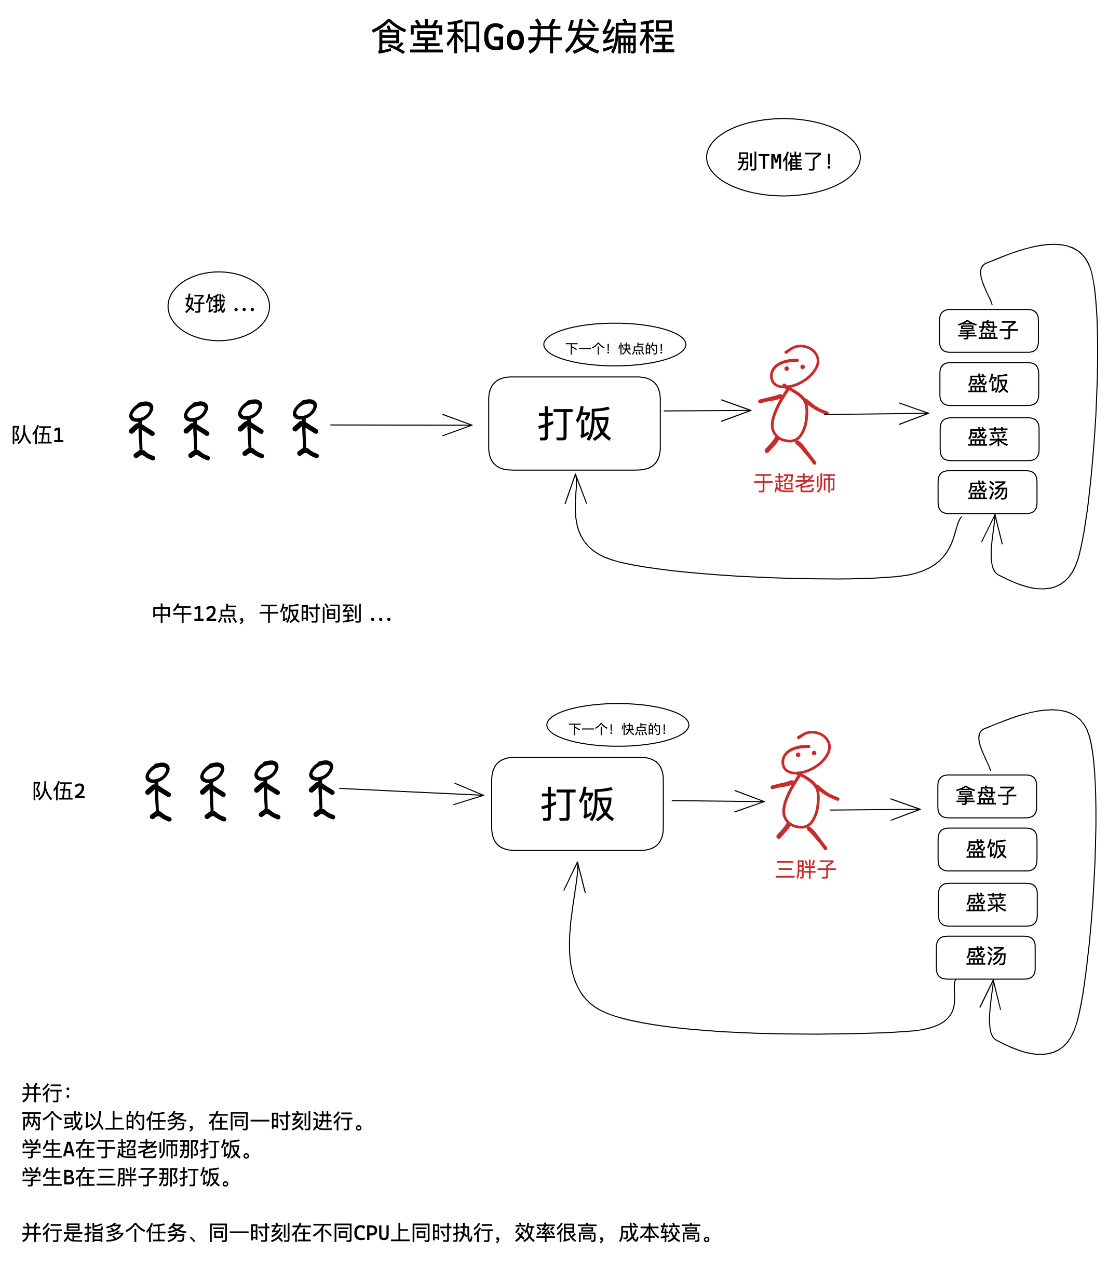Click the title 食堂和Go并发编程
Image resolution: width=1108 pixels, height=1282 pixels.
[x=522, y=37]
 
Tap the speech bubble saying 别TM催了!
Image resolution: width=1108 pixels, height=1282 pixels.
[x=782, y=158]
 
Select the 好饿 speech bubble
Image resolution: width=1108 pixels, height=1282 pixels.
[x=219, y=306]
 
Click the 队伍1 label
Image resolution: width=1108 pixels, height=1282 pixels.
[x=38, y=435]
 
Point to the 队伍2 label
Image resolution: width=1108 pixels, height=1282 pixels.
[x=59, y=790]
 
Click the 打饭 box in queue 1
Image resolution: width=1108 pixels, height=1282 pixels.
[x=574, y=424]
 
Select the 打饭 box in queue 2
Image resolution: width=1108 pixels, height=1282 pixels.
[x=577, y=804]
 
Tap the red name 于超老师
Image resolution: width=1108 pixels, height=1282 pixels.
[x=794, y=483]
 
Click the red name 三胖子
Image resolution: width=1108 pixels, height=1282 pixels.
[x=805, y=869]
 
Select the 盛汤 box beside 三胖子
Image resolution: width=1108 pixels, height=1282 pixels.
[x=985, y=957]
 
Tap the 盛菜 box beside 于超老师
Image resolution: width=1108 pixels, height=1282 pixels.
[x=989, y=439]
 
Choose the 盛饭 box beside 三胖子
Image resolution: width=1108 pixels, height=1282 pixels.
[x=987, y=849]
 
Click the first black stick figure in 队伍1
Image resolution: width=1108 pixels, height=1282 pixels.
[x=142, y=431]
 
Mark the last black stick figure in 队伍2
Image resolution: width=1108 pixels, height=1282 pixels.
[x=322, y=790]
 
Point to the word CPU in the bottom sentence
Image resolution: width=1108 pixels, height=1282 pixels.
[x=371, y=1233]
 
